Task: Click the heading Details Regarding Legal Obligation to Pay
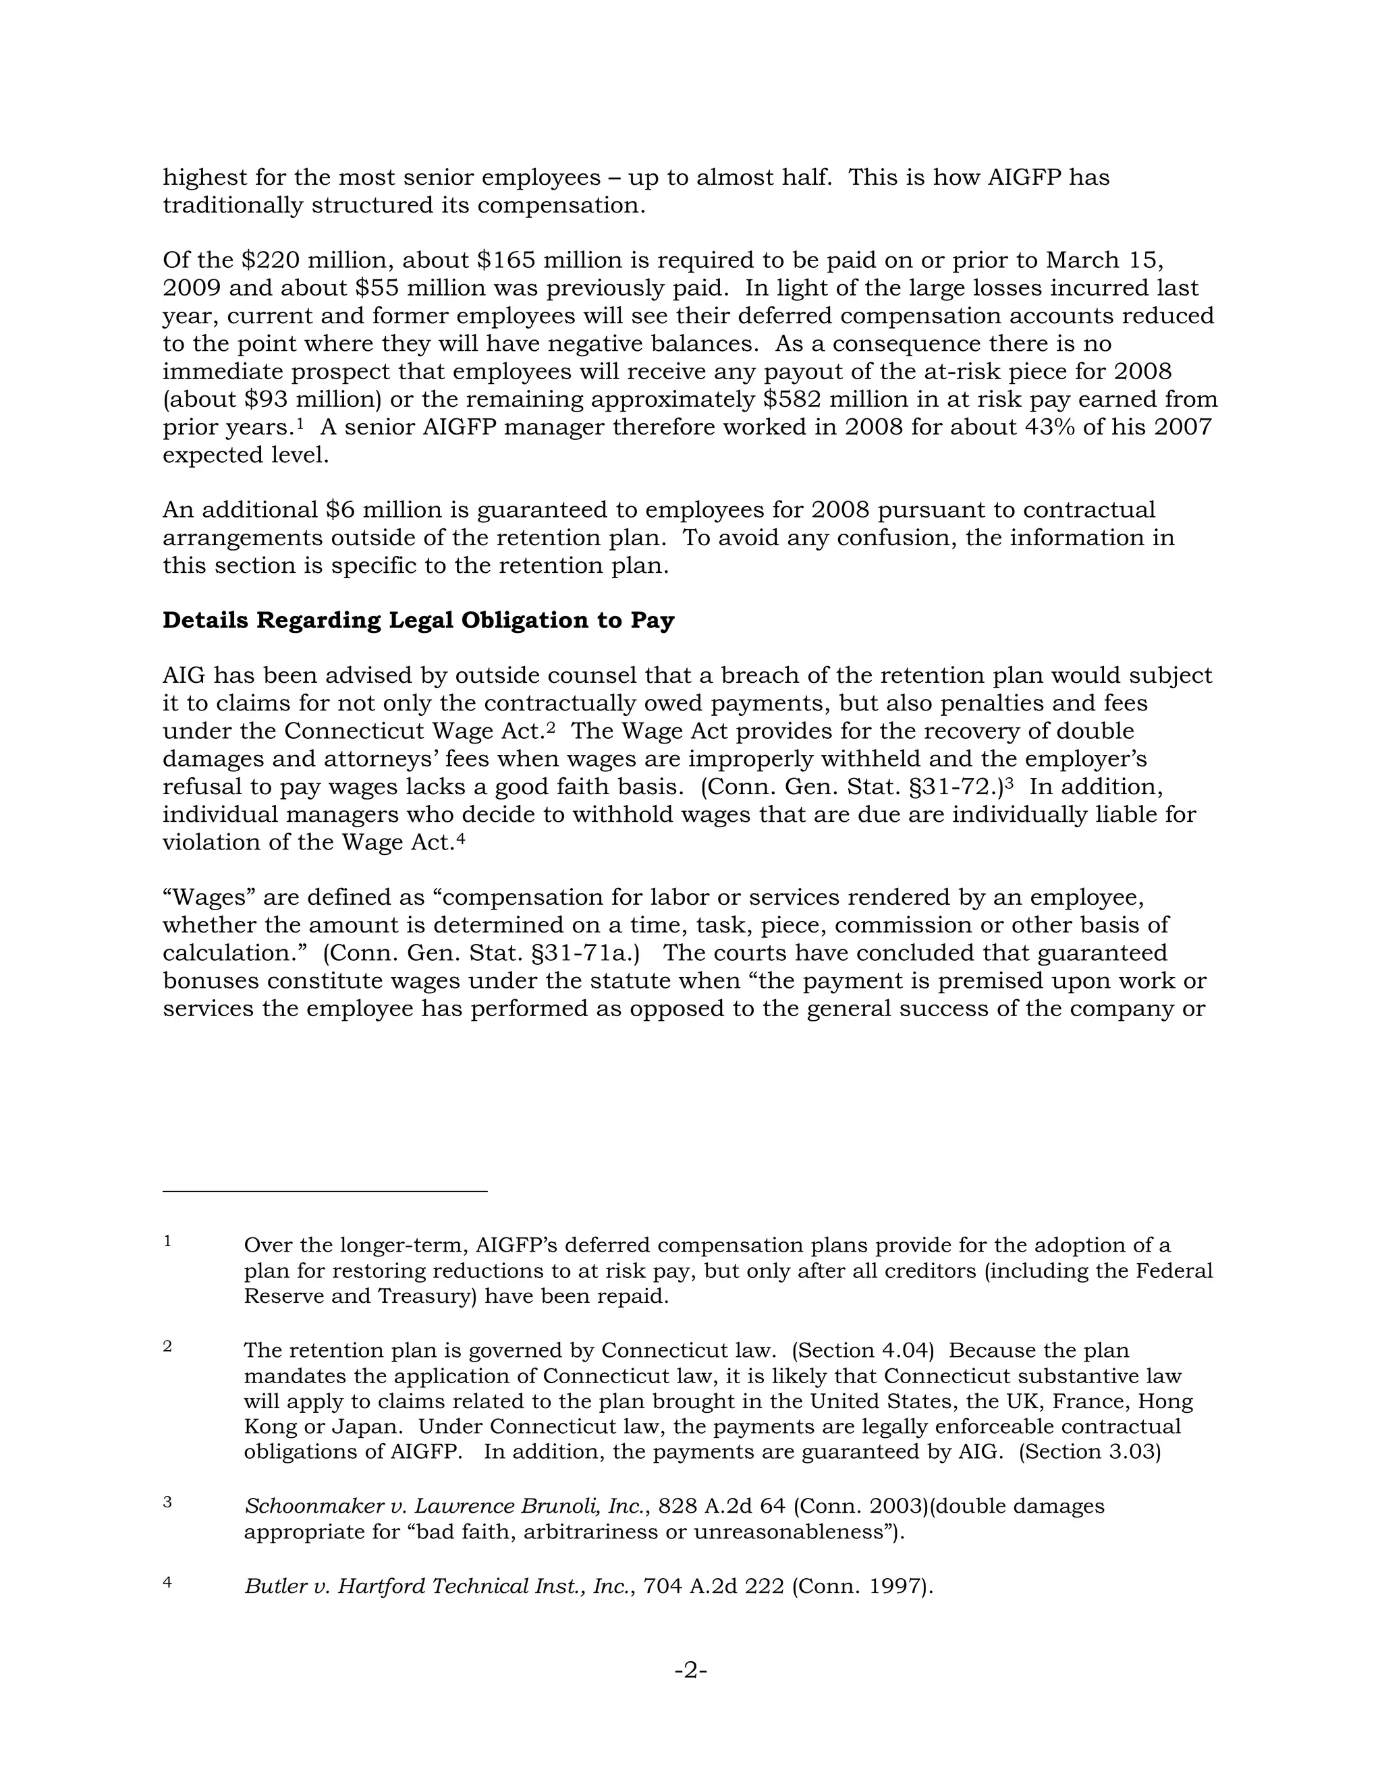pos(418,620)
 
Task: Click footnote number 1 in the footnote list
pos(167,1241)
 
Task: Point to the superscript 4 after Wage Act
pos(460,838)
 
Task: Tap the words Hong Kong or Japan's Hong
pos(1166,1401)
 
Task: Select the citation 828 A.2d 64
pos(721,1507)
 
